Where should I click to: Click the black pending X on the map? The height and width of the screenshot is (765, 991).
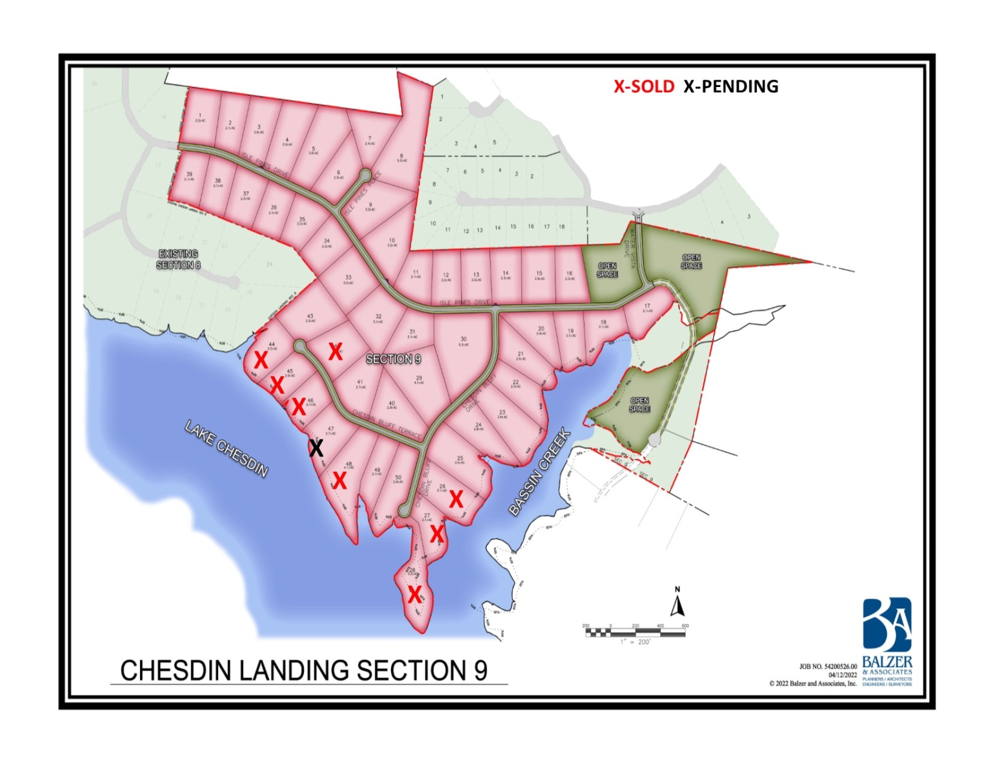pyautogui.click(x=315, y=447)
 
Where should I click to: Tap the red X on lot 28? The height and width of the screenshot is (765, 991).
pyautogui.click(x=414, y=594)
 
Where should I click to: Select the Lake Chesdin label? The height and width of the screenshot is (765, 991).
pyautogui.click(x=226, y=448)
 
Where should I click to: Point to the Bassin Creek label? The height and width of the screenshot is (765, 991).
pyautogui.click(x=539, y=472)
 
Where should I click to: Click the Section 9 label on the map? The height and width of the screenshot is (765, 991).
pyautogui.click(x=393, y=359)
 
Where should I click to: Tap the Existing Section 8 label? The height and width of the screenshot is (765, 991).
pyautogui.click(x=178, y=259)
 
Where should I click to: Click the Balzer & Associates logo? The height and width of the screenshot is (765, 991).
pyautogui.click(x=887, y=625)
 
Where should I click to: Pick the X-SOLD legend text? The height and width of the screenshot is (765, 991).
pyautogui.click(x=643, y=86)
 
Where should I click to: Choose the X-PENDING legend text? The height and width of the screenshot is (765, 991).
pyautogui.click(x=731, y=86)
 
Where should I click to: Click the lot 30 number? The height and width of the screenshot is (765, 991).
pyautogui.click(x=463, y=339)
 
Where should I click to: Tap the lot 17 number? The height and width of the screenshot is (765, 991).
pyautogui.click(x=647, y=306)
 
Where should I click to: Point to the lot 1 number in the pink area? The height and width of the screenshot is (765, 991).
pyautogui.click(x=200, y=115)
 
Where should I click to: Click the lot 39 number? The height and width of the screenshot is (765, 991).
pyautogui.click(x=189, y=174)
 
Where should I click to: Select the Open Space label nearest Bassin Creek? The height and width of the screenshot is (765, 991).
pyautogui.click(x=639, y=405)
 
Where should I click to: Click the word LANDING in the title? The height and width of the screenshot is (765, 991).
pyautogui.click(x=295, y=671)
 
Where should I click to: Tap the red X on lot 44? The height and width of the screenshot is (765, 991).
pyautogui.click(x=261, y=359)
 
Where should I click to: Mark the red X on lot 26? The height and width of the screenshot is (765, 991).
pyautogui.click(x=455, y=498)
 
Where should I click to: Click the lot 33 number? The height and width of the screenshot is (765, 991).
pyautogui.click(x=348, y=278)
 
